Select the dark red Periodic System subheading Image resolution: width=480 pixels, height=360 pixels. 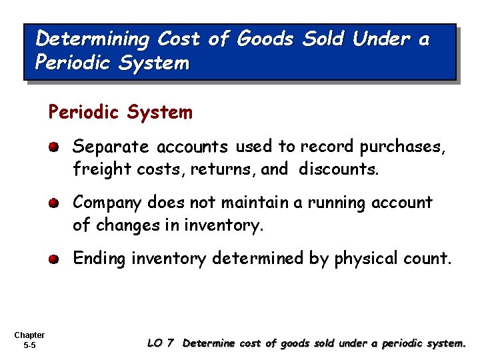point(120,112)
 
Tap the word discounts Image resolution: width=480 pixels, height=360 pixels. point(338,169)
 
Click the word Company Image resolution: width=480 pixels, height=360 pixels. point(107,203)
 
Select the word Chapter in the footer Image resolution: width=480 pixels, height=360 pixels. point(29,335)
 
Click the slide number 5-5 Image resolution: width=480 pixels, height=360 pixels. point(29,345)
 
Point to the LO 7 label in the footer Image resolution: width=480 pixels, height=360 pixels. point(160,343)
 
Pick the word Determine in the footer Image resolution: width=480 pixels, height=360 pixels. point(208,343)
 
